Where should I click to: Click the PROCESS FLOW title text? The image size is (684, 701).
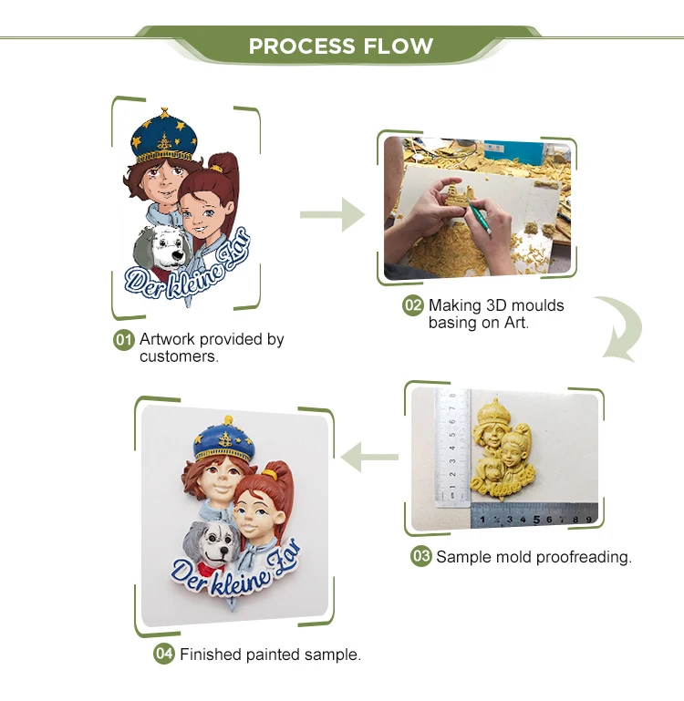tap(341, 46)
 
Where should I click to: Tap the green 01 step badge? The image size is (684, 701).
tap(123, 340)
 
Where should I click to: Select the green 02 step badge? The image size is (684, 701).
tap(413, 305)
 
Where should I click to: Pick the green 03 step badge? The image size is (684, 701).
tap(420, 556)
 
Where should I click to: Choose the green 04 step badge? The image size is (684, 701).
tap(164, 654)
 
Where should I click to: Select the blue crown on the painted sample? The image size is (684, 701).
tap(227, 439)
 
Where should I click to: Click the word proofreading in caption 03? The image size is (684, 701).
tap(583, 556)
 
